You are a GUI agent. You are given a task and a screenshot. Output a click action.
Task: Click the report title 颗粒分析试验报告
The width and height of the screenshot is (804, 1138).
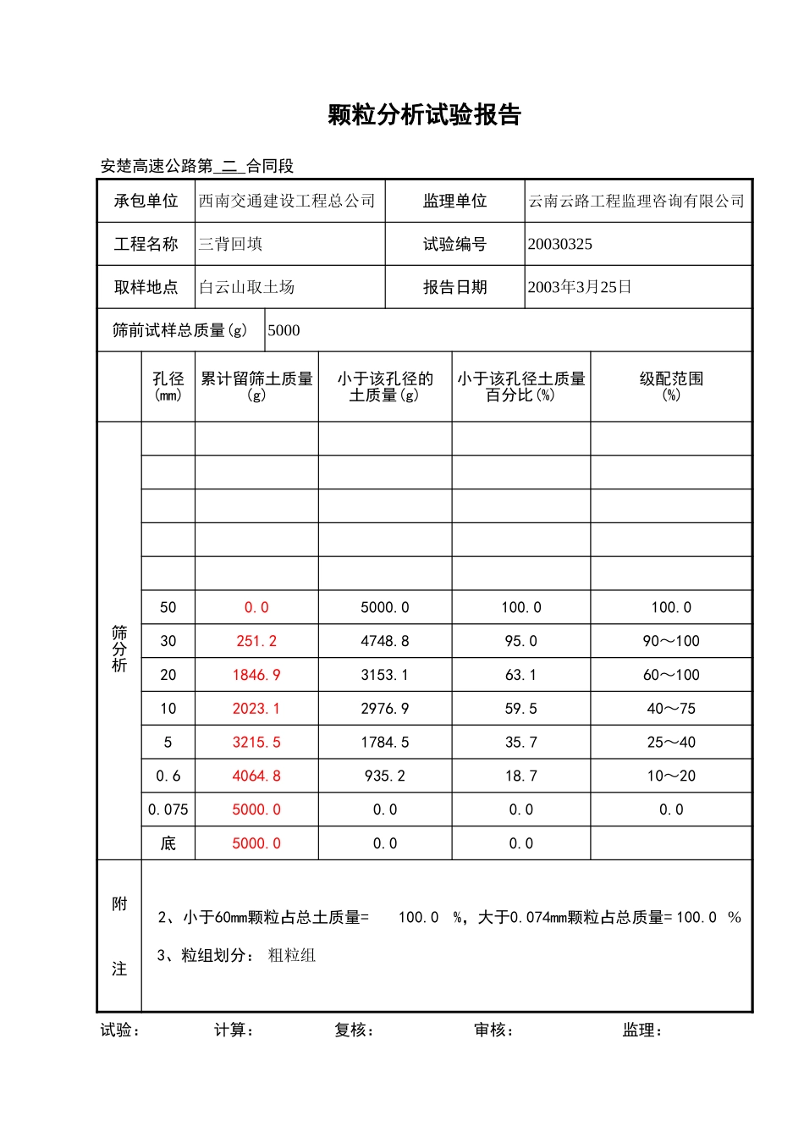[424, 115]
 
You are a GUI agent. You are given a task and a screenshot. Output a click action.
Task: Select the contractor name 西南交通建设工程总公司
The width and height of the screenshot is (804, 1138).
[287, 202]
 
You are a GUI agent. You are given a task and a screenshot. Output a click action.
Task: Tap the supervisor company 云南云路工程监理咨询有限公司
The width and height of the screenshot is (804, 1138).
[636, 202]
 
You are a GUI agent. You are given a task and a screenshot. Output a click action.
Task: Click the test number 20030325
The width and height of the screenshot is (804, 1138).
[560, 245]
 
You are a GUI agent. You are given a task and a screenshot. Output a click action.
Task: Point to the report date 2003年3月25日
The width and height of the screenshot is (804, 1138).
[580, 288]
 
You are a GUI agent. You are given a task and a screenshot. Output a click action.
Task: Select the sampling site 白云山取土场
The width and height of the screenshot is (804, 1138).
[247, 288]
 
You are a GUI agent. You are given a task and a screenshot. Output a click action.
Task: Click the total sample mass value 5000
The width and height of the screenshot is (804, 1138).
[284, 331]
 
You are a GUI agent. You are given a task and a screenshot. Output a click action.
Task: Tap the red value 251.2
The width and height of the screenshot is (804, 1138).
[256, 642]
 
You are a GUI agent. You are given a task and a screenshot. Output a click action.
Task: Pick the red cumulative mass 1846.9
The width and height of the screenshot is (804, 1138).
[256, 676]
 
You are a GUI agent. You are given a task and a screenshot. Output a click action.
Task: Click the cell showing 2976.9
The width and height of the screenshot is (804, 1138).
[385, 709]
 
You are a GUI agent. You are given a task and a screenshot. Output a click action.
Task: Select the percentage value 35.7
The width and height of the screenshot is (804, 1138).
[521, 743]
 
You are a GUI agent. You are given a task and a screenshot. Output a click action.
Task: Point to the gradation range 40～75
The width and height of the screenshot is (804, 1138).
[671, 709]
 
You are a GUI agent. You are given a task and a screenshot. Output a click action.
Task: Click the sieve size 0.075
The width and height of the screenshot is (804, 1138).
[168, 810]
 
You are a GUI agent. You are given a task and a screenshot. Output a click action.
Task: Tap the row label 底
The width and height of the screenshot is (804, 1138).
[168, 844]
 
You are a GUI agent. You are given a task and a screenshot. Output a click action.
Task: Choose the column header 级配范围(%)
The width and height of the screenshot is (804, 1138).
[671, 386]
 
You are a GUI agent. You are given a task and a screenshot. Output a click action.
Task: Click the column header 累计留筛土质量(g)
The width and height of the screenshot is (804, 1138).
[256, 386]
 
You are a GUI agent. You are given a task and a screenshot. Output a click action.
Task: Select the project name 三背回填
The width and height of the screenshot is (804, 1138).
[231, 245]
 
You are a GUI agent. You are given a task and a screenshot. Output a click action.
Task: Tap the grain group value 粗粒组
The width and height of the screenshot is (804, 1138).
[292, 956]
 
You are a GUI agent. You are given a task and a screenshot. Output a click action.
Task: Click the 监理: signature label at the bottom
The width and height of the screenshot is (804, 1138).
[642, 1030]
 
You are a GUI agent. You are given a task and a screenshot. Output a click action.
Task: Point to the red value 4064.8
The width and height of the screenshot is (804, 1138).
[256, 776]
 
